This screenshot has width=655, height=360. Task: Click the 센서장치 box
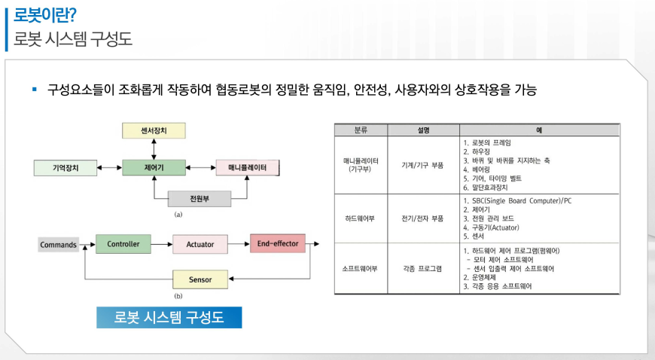click(x=153, y=130)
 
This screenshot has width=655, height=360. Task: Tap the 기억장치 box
click(x=65, y=166)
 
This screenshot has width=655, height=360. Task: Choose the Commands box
click(x=59, y=244)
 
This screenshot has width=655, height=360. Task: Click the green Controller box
click(x=123, y=243)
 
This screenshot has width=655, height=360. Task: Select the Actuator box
click(x=200, y=244)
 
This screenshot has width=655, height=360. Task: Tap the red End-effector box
click(x=278, y=243)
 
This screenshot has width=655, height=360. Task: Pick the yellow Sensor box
click(x=200, y=280)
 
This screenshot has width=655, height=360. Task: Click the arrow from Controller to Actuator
click(x=162, y=244)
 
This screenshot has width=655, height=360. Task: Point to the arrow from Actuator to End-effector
click(x=238, y=244)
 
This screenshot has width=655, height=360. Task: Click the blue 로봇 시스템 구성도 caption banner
click(x=169, y=317)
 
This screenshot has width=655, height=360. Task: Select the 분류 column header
click(x=361, y=130)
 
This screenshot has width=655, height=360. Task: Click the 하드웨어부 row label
click(x=361, y=219)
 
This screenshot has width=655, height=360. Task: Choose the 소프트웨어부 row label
click(x=361, y=268)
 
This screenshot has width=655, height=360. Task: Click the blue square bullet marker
click(x=34, y=90)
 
